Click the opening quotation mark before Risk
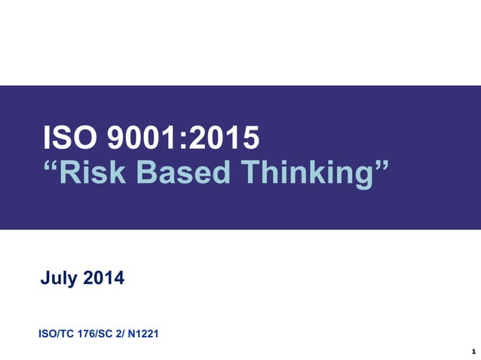51,166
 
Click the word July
58,279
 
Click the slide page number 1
471,351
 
